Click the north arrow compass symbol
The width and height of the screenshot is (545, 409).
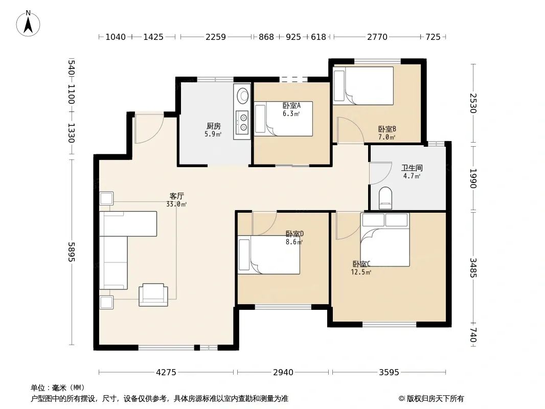click(28, 24)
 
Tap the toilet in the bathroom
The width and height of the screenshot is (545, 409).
click(385, 198)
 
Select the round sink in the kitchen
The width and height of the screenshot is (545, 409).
click(242, 95)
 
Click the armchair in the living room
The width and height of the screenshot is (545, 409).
click(153, 294)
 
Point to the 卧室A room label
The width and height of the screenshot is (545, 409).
click(291, 105)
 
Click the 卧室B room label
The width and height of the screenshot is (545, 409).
click(387, 129)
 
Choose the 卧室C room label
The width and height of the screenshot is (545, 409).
click(361, 264)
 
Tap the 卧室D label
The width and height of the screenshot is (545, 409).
click(294, 234)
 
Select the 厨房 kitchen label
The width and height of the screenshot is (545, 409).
click(213, 126)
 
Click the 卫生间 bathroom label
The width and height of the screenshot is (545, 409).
click(412, 168)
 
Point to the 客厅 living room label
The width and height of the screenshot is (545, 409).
click(176, 196)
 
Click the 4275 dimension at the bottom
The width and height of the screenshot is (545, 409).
click(166, 373)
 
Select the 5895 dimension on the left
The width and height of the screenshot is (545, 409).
click(71, 252)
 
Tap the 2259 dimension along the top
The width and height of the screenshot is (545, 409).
click(216, 37)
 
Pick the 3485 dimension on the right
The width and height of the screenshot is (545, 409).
click(473, 267)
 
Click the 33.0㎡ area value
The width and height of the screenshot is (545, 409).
click(176, 204)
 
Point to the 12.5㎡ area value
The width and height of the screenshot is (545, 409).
click(361, 272)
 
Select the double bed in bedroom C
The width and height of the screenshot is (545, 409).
click(385, 240)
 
